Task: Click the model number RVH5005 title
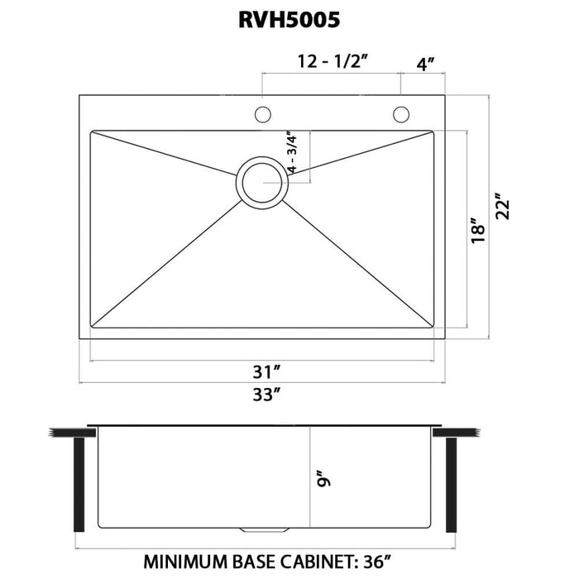[x=289, y=20]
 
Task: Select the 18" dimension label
[x=474, y=229]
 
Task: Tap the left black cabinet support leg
[x=80, y=485]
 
